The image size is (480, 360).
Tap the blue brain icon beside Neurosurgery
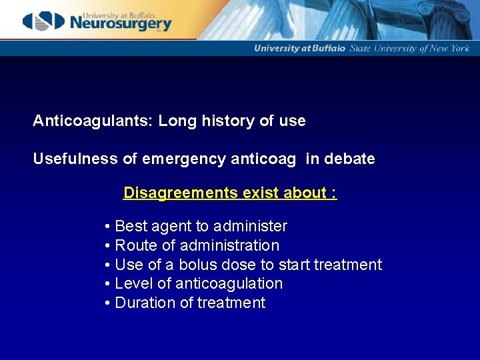pos(43,21)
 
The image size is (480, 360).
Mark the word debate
pos(350,159)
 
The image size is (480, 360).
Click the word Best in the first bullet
pos(129,226)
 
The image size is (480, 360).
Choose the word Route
pos(135,245)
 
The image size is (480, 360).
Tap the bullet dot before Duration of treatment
pos(107,303)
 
